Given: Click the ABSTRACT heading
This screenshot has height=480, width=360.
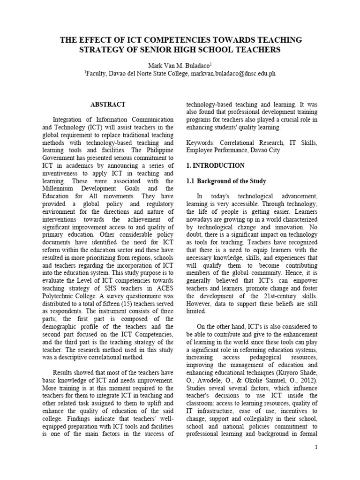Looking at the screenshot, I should (108, 104).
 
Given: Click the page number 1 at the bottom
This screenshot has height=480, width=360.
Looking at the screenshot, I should (316, 447).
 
